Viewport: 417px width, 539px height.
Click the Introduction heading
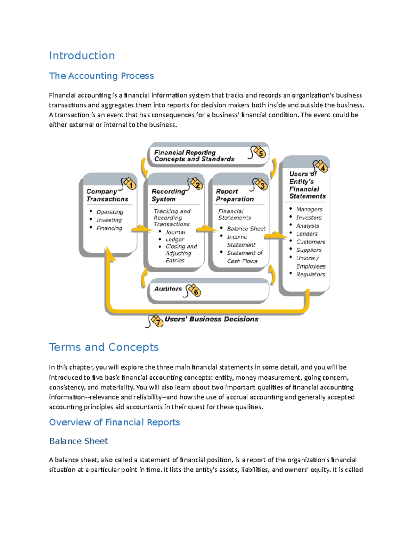click(x=82, y=56)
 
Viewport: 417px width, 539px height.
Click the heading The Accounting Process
click(x=101, y=76)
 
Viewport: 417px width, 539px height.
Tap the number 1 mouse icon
click(x=129, y=184)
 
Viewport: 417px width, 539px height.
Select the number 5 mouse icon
click(x=259, y=152)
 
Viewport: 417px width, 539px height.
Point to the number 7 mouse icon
click(x=155, y=321)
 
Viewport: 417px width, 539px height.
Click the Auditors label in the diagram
click(x=168, y=289)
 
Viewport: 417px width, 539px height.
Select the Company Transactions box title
click(x=107, y=195)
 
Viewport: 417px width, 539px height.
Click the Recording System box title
click(x=168, y=195)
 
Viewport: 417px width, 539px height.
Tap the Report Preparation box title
click(x=235, y=195)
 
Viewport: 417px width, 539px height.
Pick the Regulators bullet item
click(x=310, y=274)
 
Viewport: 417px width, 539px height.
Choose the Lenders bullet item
click(x=306, y=234)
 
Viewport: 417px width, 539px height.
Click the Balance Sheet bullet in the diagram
click(x=246, y=228)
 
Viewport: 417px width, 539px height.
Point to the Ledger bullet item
click(x=175, y=239)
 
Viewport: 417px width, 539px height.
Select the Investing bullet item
click(x=109, y=220)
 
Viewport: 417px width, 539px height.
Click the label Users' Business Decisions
click(x=211, y=319)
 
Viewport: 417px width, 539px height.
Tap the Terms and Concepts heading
click(x=104, y=347)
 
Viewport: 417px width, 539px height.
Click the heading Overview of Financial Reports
click(x=114, y=422)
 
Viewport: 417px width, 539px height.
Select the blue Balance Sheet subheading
click(x=79, y=441)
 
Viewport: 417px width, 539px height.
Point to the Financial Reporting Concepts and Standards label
click(x=194, y=155)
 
